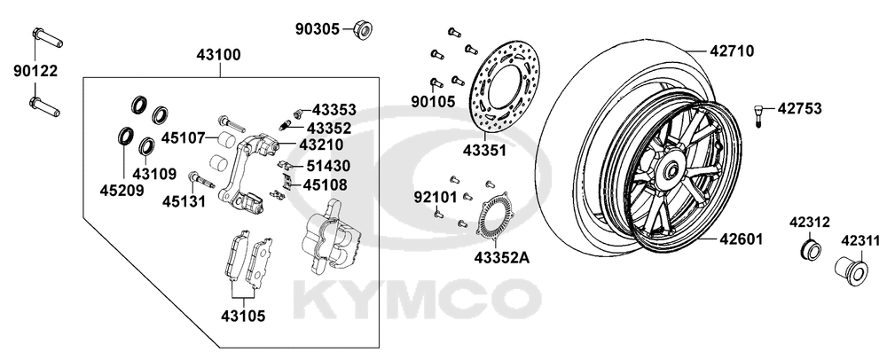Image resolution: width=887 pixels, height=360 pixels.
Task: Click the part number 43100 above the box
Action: (218, 55)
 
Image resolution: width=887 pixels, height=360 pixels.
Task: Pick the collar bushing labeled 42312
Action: (811, 248)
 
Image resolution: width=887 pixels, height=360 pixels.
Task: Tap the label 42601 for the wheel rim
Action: (741, 239)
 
